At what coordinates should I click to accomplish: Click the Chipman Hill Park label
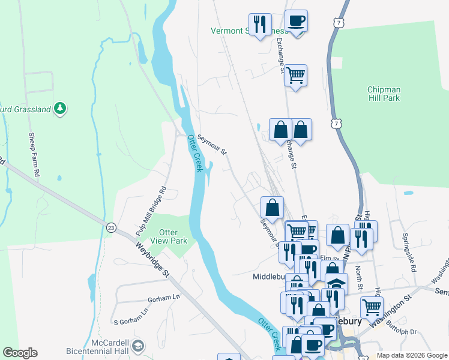click(384, 94)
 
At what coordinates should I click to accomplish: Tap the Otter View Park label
click(172, 237)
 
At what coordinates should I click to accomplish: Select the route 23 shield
click(111, 227)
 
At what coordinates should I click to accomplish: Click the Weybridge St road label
click(152, 259)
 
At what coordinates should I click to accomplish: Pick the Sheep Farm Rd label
click(34, 154)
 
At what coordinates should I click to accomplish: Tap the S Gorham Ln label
click(131, 312)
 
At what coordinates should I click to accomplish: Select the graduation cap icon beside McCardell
click(138, 346)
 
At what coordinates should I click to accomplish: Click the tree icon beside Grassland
click(59, 108)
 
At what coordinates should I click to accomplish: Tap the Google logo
click(20, 353)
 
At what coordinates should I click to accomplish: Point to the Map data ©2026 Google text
click(411, 355)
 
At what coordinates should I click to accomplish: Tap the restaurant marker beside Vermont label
click(260, 25)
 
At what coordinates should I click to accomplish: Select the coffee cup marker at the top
click(296, 21)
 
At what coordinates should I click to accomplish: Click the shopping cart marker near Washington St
click(372, 307)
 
